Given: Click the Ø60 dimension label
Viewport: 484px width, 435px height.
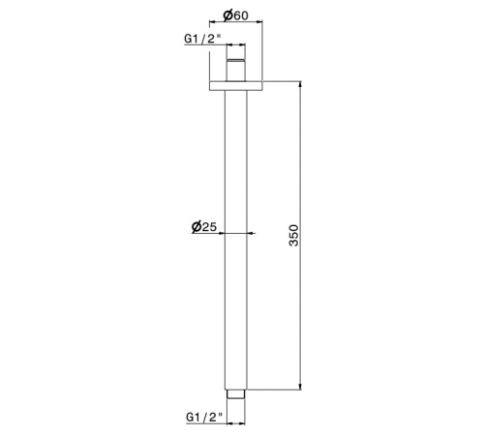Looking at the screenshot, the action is tap(236, 15).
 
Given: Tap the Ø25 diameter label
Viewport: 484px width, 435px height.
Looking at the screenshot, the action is tap(204, 226).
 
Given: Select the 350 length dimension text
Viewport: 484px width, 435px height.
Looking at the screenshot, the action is tap(294, 236).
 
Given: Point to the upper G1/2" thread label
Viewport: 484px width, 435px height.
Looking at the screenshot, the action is tap(203, 39).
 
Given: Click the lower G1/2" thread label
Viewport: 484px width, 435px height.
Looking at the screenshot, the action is tap(204, 418).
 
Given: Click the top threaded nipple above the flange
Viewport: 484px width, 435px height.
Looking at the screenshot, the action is tap(236, 70).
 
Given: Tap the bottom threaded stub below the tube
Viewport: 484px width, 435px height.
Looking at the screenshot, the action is tap(236, 394).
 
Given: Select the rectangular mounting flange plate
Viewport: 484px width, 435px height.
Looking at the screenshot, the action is tap(236, 86).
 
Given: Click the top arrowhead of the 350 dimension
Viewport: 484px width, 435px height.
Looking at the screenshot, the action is tap(300, 84).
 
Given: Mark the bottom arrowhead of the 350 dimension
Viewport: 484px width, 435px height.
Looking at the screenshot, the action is tap(300, 387).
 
